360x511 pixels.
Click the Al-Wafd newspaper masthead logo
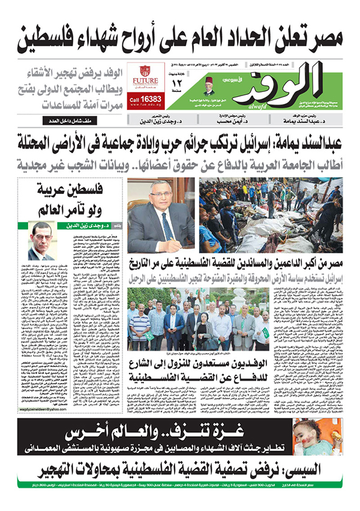click(x=282, y=84)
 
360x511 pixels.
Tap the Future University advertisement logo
click(x=146, y=76)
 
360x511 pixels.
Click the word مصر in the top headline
click(x=329, y=38)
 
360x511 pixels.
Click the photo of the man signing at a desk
click(x=161, y=214)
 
